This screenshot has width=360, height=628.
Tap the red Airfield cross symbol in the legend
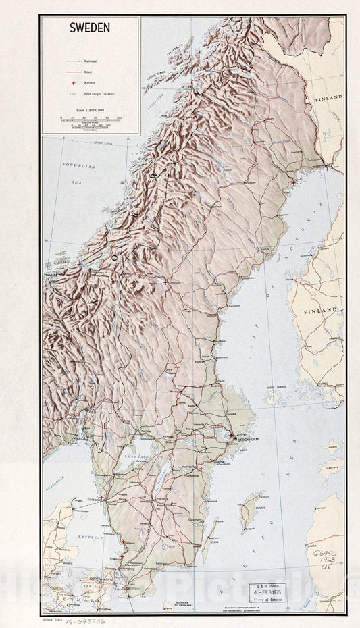[63, 81]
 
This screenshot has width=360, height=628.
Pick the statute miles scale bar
[90, 120]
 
